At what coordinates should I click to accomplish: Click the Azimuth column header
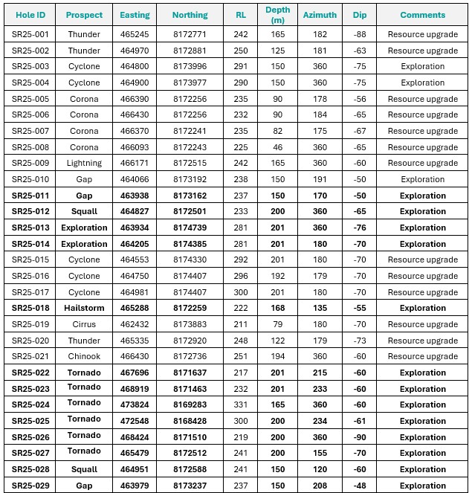point(320,15)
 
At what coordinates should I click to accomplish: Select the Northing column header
point(190,15)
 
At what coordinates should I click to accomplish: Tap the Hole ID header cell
point(30,15)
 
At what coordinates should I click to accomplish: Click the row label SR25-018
point(30,308)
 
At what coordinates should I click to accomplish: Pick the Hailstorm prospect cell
point(84,308)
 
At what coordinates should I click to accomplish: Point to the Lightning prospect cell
point(84,163)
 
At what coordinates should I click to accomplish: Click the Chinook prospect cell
point(84,357)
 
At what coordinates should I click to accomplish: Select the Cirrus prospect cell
point(84,324)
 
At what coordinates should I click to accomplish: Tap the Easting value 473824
point(134,405)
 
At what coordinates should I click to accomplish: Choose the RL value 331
point(241,405)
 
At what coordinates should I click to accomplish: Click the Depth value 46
point(277,147)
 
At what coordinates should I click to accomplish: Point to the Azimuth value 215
point(320,373)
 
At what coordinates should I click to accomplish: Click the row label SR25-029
point(30,486)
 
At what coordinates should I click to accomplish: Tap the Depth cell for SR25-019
point(277,324)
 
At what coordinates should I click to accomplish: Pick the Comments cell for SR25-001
point(422,34)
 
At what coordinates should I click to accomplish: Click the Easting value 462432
point(134,324)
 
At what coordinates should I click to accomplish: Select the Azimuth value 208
point(320,486)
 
